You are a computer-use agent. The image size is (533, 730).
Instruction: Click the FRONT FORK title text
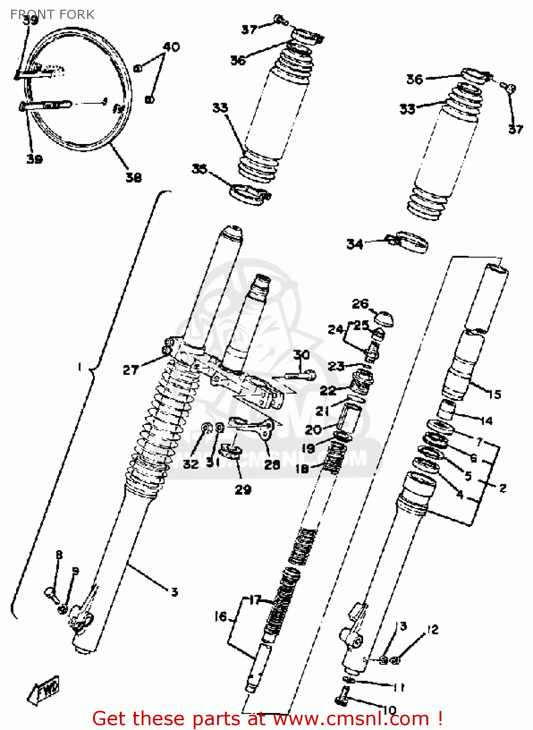[52, 15]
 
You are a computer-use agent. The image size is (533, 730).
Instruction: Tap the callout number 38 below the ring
[133, 178]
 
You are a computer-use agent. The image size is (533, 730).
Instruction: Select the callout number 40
[171, 47]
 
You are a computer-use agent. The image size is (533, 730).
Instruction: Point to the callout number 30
[301, 355]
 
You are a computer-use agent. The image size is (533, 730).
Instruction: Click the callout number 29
[243, 490]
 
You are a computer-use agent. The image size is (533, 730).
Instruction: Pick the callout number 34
[355, 244]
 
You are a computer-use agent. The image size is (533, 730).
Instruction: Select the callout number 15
[495, 394]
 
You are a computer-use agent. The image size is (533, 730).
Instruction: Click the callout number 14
[486, 420]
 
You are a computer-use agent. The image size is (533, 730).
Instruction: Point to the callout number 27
[130, 370]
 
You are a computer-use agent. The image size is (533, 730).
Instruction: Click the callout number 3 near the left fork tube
[174, 592]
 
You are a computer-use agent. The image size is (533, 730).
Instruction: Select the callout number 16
[221, 617]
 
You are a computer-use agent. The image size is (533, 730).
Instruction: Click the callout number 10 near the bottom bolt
[389, 710]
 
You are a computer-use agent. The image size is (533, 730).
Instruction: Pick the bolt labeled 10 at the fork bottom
[343, 696]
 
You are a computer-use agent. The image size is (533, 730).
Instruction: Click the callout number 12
[432, 630]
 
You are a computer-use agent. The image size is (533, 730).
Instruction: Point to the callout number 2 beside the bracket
[503, 488]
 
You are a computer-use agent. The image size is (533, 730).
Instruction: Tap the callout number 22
[328, 390]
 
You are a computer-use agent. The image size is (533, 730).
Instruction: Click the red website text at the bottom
[267, 719]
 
